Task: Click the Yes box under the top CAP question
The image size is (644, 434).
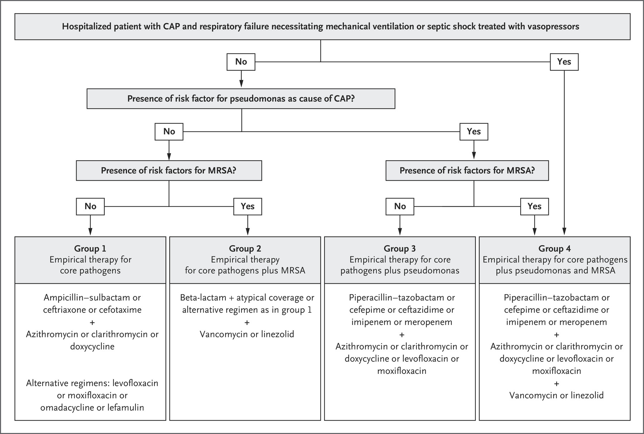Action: [564, 62]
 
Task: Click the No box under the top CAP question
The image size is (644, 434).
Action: [241, 62]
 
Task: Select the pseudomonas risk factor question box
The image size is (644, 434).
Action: [241, 99]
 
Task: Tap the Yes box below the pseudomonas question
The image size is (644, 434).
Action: [474, 132]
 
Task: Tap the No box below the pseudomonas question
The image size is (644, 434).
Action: [169, 132]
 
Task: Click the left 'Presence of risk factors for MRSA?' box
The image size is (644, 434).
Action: [169, 171]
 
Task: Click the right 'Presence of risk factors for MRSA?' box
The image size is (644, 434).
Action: [467, 171]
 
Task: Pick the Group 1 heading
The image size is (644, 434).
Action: [90, 249]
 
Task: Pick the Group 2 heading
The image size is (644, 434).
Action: [245, 249]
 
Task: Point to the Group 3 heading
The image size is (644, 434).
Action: [400, 249]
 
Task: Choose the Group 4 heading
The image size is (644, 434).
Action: [555, 249]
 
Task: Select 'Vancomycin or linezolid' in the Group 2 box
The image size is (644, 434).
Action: [247, 335]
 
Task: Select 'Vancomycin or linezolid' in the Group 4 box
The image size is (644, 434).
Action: [556, 395]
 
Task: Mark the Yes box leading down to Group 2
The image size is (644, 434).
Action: [248, 206]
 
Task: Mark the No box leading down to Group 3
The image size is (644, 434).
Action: [400, 206]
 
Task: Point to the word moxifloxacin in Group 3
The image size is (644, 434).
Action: [402, 371]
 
